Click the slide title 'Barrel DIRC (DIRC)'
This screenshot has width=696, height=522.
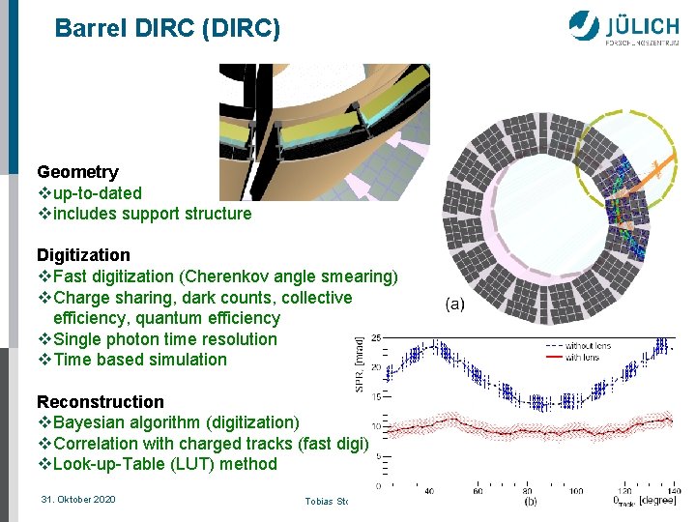(167, 29)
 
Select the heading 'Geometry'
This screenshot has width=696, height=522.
(77, 172)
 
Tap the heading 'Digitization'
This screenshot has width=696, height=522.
(83, 255)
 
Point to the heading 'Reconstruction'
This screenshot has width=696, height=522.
(101, 402)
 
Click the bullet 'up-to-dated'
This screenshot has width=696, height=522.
(97, 193)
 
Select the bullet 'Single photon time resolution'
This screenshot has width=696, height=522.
(164, 339)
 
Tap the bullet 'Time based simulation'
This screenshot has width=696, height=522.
(139, 360)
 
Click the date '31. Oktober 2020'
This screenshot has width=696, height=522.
(78, 499)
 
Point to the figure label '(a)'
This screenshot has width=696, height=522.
(454, 304)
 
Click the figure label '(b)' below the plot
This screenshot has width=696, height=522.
(531, 502)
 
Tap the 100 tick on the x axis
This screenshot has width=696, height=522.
(575, 491)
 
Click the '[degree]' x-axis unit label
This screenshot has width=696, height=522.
(656, 501)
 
